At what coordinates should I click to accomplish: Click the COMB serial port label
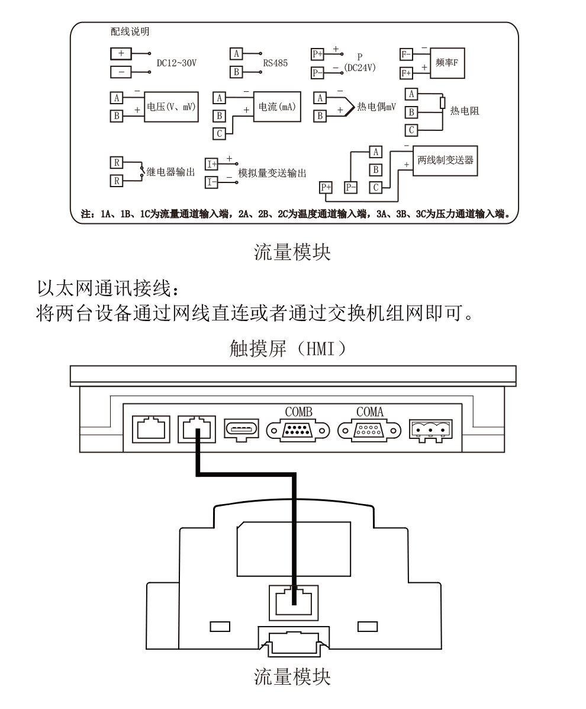(298, 412)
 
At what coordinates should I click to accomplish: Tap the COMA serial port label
(369, 412)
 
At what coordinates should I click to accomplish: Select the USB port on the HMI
(242, 429)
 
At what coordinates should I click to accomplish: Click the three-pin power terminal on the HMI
(430, 429)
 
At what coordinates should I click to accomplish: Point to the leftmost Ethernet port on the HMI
(151, 429)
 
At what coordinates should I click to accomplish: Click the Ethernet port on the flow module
(294, 602)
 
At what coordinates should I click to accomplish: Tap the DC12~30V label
(176, 63)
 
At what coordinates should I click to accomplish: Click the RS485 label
(275, 63)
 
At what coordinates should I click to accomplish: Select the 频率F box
(447, 63)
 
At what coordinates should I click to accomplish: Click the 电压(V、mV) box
(171, 107)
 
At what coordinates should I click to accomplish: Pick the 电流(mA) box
(277, 107)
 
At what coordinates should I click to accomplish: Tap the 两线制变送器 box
(445, 161)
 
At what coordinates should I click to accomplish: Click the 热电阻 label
(465, 111)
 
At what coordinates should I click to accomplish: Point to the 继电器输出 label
(171, 172)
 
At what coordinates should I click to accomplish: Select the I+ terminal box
(211, 163)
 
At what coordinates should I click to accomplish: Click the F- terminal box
(406, 54)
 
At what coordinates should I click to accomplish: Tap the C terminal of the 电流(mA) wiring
(220, 134)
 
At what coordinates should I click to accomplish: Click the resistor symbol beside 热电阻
(443, 102)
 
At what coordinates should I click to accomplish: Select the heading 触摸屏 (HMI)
(288, 349)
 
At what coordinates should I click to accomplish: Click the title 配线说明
(130, 31)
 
